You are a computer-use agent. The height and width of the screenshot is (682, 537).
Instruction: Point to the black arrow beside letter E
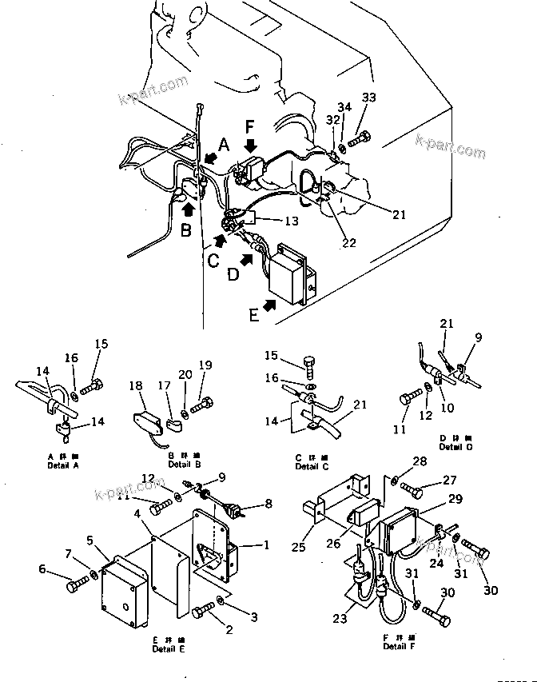[268, 305]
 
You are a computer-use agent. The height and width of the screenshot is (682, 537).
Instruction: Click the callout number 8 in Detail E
[268, 504]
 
